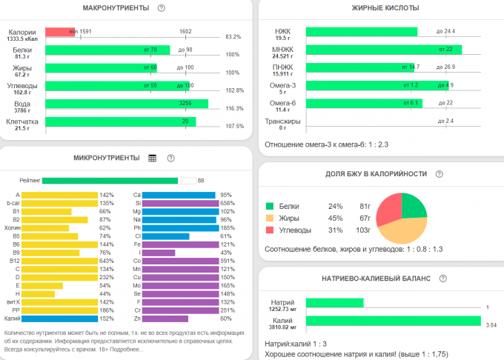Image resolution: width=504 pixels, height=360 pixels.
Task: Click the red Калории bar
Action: (x=59, y=33)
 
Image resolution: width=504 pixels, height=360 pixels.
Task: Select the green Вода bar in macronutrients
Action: (x=126, y=104)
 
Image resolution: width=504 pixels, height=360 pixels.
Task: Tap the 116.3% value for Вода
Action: (x=233, y=108)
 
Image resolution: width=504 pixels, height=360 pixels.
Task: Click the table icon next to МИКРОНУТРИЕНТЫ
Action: (x=153, y=158)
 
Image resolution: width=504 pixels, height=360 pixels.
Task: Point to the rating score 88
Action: (x=200, y=180)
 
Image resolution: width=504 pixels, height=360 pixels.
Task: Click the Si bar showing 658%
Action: (x=179, y=203)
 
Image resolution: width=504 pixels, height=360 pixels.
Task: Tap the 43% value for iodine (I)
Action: (x=225, y=252)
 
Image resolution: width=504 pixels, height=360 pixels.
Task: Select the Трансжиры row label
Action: (x=282, y=121)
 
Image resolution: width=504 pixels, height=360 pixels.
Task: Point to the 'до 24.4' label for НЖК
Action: (x=445, y=31)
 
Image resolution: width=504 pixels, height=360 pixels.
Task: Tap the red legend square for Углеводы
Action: (x=271, y=230)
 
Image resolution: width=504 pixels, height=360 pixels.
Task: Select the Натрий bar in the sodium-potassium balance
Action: (x=334, y=302)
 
